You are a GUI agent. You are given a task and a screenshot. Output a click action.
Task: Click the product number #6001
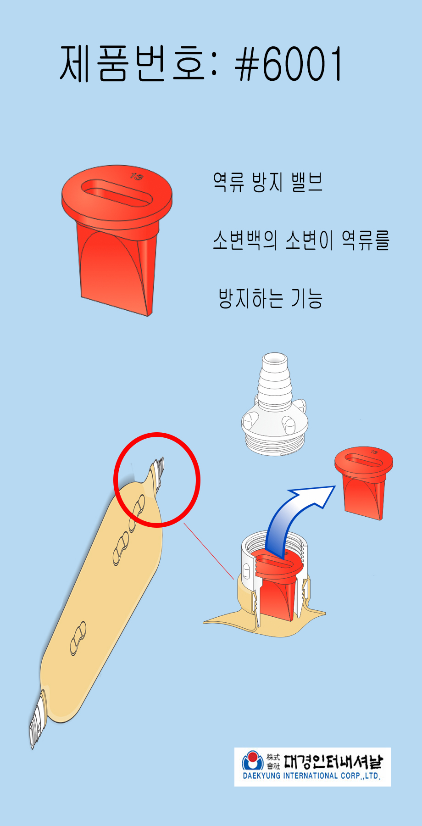click(x=288, y=64)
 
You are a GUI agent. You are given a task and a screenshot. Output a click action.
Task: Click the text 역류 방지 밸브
click(x=268, y=182)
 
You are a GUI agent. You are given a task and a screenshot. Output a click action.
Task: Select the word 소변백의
click(x=245, y=240)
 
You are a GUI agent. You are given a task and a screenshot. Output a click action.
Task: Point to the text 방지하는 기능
click(x=271, y=298)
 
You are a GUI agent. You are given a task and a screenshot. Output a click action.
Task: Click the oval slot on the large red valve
click(x=117, y=193)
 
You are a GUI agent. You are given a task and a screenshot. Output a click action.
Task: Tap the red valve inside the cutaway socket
click(x=277, y=585)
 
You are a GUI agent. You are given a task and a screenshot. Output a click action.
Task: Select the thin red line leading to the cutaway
click(x=209, y=551)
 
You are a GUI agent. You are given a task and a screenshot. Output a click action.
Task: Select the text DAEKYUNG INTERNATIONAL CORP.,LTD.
click(x=311, y=776)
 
